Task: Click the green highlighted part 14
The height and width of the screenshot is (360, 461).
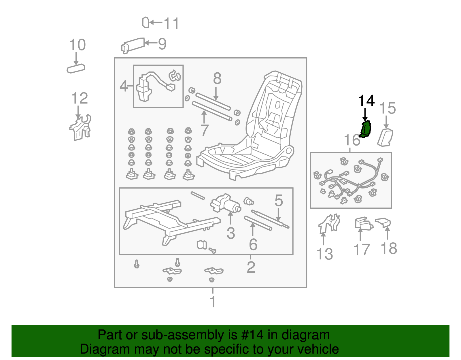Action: coord(366,129)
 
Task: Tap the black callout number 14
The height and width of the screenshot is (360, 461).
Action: coord(366,101)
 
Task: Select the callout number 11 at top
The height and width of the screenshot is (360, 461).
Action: coord(171,23)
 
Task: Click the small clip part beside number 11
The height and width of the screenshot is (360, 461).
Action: coord(146,22)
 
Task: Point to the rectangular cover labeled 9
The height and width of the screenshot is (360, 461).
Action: coord(133,45)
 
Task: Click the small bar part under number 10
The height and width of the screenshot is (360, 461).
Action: coord(76,69)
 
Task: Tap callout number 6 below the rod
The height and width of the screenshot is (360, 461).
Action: coord(253,245)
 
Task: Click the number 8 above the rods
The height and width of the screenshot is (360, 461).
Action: coord(217,78)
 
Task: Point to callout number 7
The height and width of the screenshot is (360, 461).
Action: coord(204,130)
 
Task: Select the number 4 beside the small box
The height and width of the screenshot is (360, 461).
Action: coord(124,86)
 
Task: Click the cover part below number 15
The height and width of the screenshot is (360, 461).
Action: coord(385,138)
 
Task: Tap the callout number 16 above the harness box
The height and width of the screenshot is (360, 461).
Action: coord(352,140)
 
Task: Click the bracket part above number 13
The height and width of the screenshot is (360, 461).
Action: coord(329,223)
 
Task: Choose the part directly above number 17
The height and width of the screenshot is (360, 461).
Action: coord(363,224)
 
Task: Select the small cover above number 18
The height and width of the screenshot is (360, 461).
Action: coord(383,222)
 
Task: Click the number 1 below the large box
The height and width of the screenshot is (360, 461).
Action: coord(213,302)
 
